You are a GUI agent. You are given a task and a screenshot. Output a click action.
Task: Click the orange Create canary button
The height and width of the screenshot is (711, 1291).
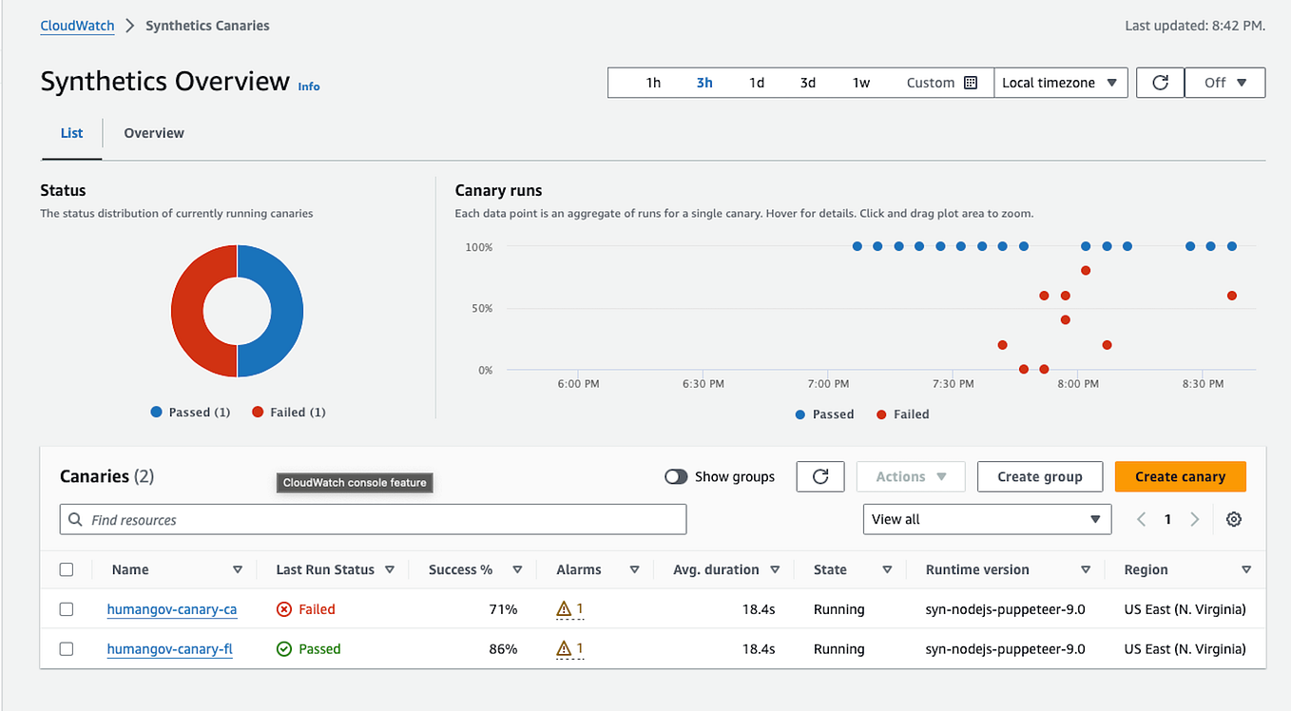(1180, 476)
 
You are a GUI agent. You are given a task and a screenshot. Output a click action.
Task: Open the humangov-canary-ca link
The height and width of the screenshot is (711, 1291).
(171, 609)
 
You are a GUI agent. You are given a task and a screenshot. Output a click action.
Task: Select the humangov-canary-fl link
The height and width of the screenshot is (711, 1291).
(169, 649)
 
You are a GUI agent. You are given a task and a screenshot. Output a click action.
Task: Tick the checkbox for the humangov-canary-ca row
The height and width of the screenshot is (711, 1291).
(67, 609)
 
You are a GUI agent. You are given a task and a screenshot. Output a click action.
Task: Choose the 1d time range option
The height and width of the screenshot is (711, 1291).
(756, 83)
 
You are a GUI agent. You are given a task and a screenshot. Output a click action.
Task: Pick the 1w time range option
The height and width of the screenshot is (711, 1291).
(860, 83)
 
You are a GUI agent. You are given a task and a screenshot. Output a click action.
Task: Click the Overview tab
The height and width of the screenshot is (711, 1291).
(154, 133)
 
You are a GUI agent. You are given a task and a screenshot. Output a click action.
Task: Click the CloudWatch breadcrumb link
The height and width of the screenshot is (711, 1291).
(77, 26)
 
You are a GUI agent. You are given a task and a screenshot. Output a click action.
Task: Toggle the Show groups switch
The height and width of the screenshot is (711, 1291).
(676, 476)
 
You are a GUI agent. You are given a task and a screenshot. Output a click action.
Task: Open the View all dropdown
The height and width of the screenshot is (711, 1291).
(986, 519)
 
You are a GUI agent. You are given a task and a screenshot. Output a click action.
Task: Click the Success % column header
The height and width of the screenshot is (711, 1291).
(461, 569)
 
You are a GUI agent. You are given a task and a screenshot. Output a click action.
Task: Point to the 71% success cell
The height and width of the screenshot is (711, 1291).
(503, 609)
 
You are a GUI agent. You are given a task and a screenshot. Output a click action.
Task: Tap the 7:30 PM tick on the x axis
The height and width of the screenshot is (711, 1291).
(953, 384)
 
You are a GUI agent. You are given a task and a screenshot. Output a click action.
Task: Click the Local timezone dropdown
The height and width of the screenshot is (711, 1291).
(1060, 83)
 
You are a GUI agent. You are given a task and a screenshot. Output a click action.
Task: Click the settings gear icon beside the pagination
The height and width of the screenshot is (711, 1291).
(1234, 519)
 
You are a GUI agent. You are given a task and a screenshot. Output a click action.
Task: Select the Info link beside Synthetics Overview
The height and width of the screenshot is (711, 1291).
(309, 86)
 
